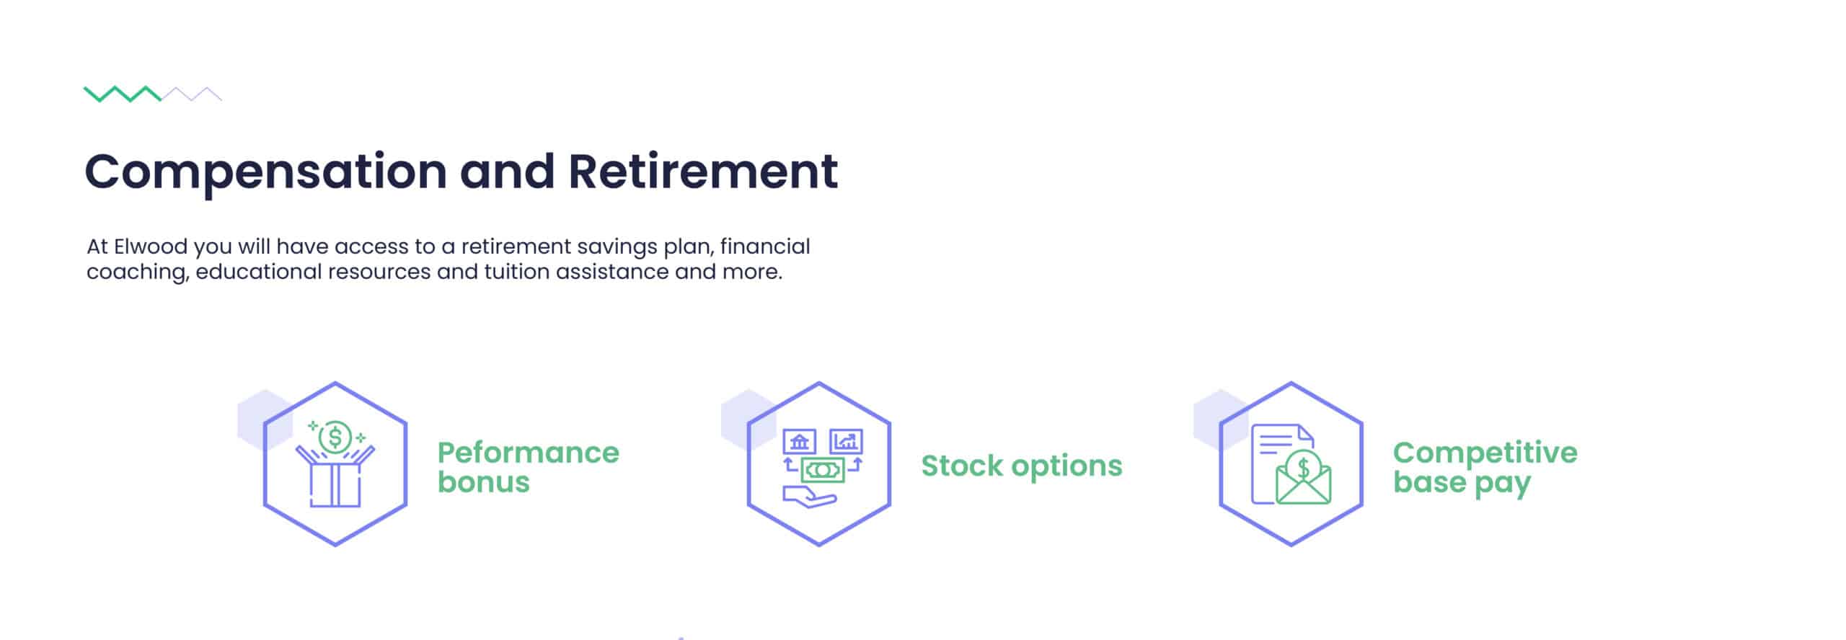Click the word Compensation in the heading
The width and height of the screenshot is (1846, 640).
click(265, 172)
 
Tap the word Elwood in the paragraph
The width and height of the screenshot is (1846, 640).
click(151, 246)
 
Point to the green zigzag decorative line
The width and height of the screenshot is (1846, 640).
click(123, 94)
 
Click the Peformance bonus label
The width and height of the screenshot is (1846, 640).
click(528, 467)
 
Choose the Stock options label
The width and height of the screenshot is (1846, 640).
click(1022, 466)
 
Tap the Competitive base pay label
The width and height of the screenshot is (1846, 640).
click(1485, 468)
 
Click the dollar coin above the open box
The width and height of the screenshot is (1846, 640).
click(335, 437)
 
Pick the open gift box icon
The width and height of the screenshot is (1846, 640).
click(335, 476)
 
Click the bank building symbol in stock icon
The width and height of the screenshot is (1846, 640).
click(799, 441)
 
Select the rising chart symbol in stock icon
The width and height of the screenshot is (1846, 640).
click(846, 441)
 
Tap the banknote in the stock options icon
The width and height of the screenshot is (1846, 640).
click(823, 471)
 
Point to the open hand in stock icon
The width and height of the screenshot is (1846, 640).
click(809, 496)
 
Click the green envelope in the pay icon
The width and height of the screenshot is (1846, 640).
click(1303, 484)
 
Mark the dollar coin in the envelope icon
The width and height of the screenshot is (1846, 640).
click(1303, 467)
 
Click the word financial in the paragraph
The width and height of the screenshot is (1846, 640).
click(765, 246)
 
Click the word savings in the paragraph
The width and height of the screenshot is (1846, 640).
click(617, 248)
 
